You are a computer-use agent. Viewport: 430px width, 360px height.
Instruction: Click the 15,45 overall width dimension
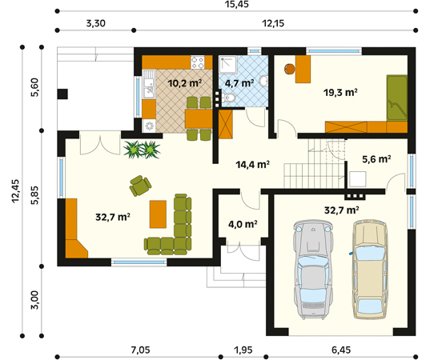[x=237, y=4]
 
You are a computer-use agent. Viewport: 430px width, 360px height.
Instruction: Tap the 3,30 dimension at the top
[x=96, y=23]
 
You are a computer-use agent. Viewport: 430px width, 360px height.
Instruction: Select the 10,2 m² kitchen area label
[x=185, y=82]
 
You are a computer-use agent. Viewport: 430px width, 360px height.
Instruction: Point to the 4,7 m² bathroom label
[x=239, y=82]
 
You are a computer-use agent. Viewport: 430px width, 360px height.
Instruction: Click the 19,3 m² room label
[x=340, y=93]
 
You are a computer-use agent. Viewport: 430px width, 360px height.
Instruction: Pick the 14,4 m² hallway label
[x=252, y=164]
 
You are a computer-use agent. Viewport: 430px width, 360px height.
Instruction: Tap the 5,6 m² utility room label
[x=376, y=159]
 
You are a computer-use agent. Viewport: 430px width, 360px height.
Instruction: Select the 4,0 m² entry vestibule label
[x=243, y=224]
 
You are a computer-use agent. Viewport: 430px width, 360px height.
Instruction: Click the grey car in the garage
[x=313, y=270]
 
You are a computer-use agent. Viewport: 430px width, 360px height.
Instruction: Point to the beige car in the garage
[x=371, y=269]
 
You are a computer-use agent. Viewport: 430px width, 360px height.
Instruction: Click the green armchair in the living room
[x=140, y=186]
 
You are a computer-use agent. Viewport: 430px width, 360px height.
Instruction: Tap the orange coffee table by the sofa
[x=158, y=214]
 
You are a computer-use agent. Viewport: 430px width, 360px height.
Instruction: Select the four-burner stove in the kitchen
[x=198, y=62]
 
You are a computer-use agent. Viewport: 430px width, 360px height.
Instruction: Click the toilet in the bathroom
[x=229, y=98]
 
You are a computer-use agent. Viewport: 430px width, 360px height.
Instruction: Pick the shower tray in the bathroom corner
[x=228, y=65]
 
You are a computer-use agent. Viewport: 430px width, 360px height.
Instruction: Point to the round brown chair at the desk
[x=290, y=69]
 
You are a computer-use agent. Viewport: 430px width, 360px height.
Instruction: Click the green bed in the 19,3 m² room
[x=397, y=98]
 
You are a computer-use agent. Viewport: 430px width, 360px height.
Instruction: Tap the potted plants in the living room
[x=142, y=150]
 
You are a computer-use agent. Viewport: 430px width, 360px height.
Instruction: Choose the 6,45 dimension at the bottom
[x=341, y=350]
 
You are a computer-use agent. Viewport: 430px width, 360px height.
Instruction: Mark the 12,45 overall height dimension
[x=15, y=191]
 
